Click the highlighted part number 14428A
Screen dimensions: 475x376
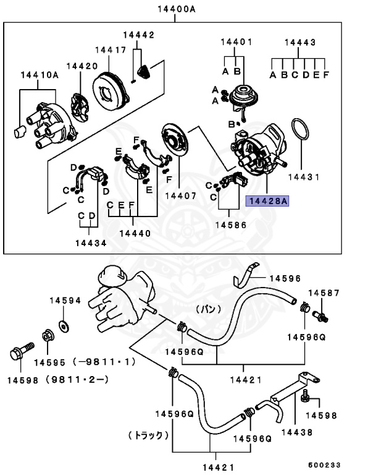[x=267, y=200]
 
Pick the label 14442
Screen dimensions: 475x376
[x=138, y=35]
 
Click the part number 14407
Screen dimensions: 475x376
[x=180, y=195]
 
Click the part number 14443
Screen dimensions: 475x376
[x=300, y=43]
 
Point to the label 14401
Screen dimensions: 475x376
[x=236, y=43]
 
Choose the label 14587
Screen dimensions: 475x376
[x=324, y=292]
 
